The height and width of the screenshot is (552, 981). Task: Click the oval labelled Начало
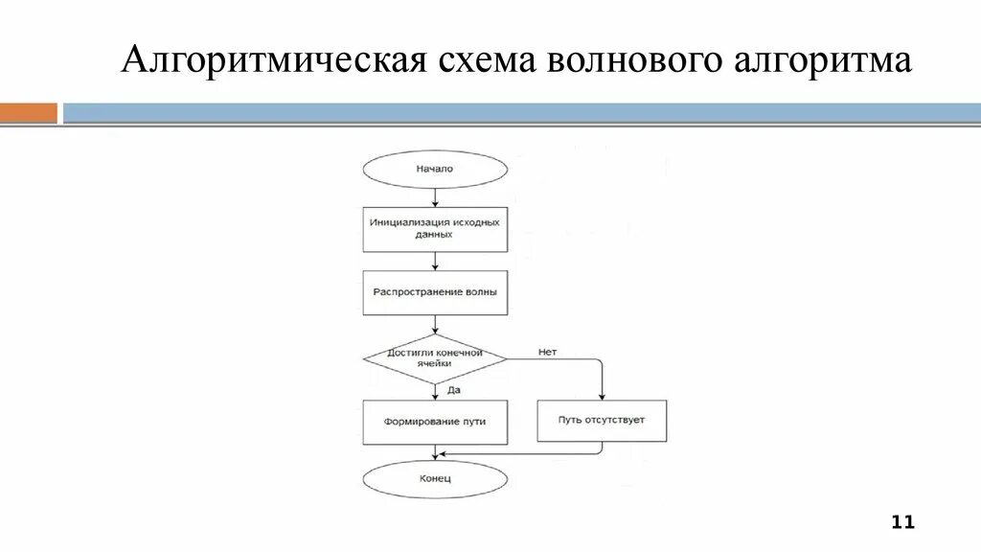click(x=435, y=170)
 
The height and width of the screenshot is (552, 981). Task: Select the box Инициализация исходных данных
click(x=435, y=228)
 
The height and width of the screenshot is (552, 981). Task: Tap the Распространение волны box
click(x=435, y=293)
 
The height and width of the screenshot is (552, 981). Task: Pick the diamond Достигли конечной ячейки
click(x=435, y=358)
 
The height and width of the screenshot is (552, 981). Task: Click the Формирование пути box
click(x=435, y=421)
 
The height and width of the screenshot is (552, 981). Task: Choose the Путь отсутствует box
click(x=602, y=421)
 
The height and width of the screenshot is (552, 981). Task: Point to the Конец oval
click(x=435, y=478)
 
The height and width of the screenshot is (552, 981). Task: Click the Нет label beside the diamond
click(x=547, y=352)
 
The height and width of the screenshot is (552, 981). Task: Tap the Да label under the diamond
click(x=454, y=389)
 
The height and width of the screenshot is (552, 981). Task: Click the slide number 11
click(x=902, y=522)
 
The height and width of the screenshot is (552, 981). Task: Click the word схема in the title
click(x=485, y=62)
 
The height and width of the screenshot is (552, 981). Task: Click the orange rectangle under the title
click(x=29, y=113)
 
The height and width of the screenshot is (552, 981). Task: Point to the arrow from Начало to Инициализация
click(x=435, y=197)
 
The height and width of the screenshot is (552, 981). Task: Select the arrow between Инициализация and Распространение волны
click(x=435, y=261)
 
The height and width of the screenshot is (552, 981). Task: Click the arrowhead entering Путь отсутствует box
click(x=602, y=395)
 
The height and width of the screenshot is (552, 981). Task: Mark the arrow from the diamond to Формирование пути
click(x=435, y=391)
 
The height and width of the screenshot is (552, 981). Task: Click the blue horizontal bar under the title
click(x=517, y=113)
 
